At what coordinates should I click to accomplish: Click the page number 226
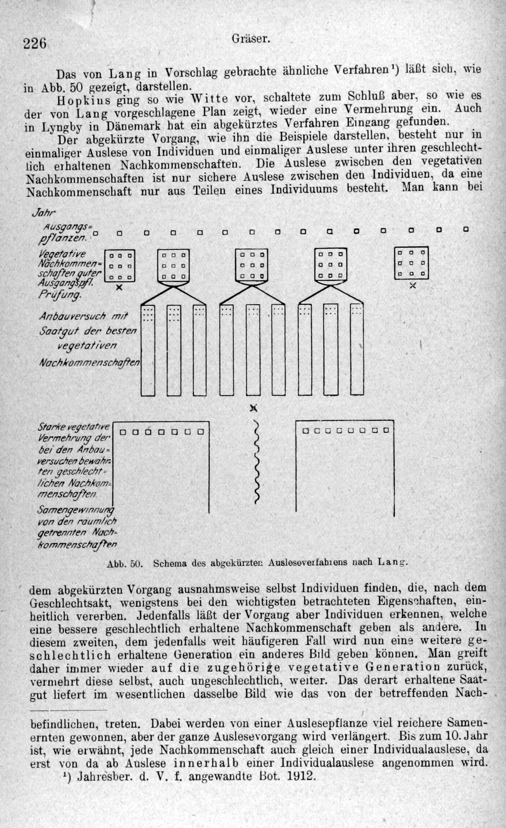(x=35, y=43)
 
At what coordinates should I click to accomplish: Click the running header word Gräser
(x=251, y=39)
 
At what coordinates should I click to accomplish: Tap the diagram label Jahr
(x=44, y=213)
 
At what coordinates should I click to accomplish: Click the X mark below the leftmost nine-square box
(x=119, y=287)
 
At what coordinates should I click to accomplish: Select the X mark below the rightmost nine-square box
(x=413, y=286)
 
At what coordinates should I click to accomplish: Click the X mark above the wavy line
(x=254, y=408)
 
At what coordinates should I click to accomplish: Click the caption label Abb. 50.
(x=125, y=564)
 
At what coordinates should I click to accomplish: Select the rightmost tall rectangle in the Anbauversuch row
(x=357, y=349)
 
